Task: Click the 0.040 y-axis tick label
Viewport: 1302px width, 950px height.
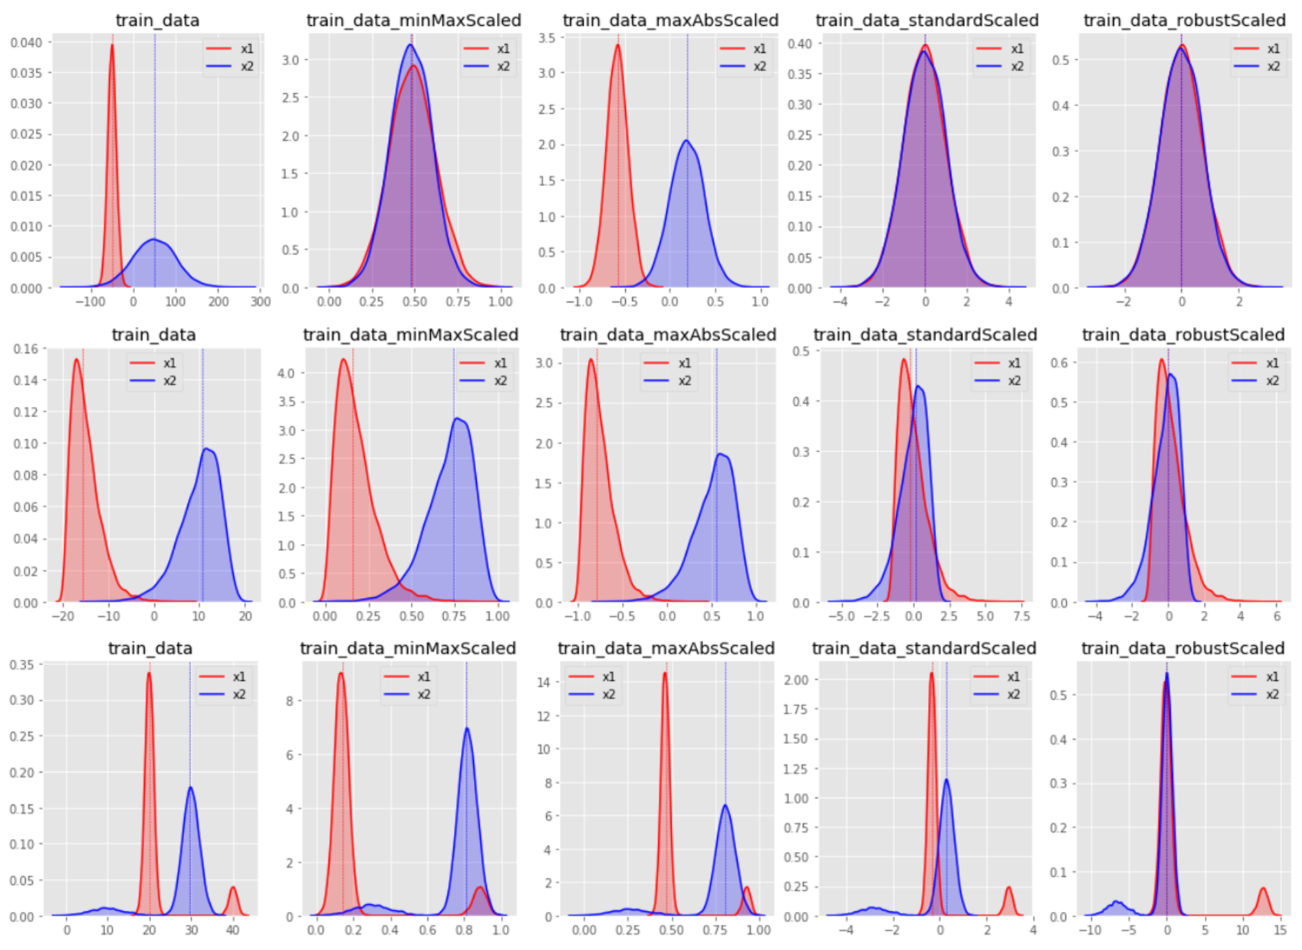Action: click(26, 43)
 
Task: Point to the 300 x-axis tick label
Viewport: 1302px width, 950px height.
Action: click(260, 302)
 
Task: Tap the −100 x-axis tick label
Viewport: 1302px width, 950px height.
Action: click(90, 302)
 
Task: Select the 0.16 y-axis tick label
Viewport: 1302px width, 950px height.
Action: click(26, 349)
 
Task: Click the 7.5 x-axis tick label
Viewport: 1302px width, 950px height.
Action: click(1022, 616)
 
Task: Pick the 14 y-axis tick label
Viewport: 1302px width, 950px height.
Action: click(544, 683)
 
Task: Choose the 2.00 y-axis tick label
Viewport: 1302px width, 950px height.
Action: click(796, 680)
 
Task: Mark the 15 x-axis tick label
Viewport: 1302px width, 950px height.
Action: click(1280, 930)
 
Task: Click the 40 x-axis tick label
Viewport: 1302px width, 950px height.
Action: click(232, 930)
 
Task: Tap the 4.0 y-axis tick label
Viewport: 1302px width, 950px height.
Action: click(286, 373)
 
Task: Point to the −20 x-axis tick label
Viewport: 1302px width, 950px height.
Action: click(63, 616)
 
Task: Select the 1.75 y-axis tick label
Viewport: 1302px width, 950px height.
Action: click(796, 710)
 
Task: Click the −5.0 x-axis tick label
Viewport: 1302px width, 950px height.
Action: click(842, 616)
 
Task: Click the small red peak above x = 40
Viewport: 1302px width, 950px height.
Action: click(233, 888)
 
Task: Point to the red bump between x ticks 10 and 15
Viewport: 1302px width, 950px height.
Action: click(1263, 889)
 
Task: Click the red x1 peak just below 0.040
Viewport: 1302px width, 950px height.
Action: click(112, 45)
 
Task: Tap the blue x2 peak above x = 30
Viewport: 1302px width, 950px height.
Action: click(191, 788)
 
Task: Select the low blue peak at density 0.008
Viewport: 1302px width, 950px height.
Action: click(154, 240)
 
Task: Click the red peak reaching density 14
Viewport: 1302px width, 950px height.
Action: click(665, 674)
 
